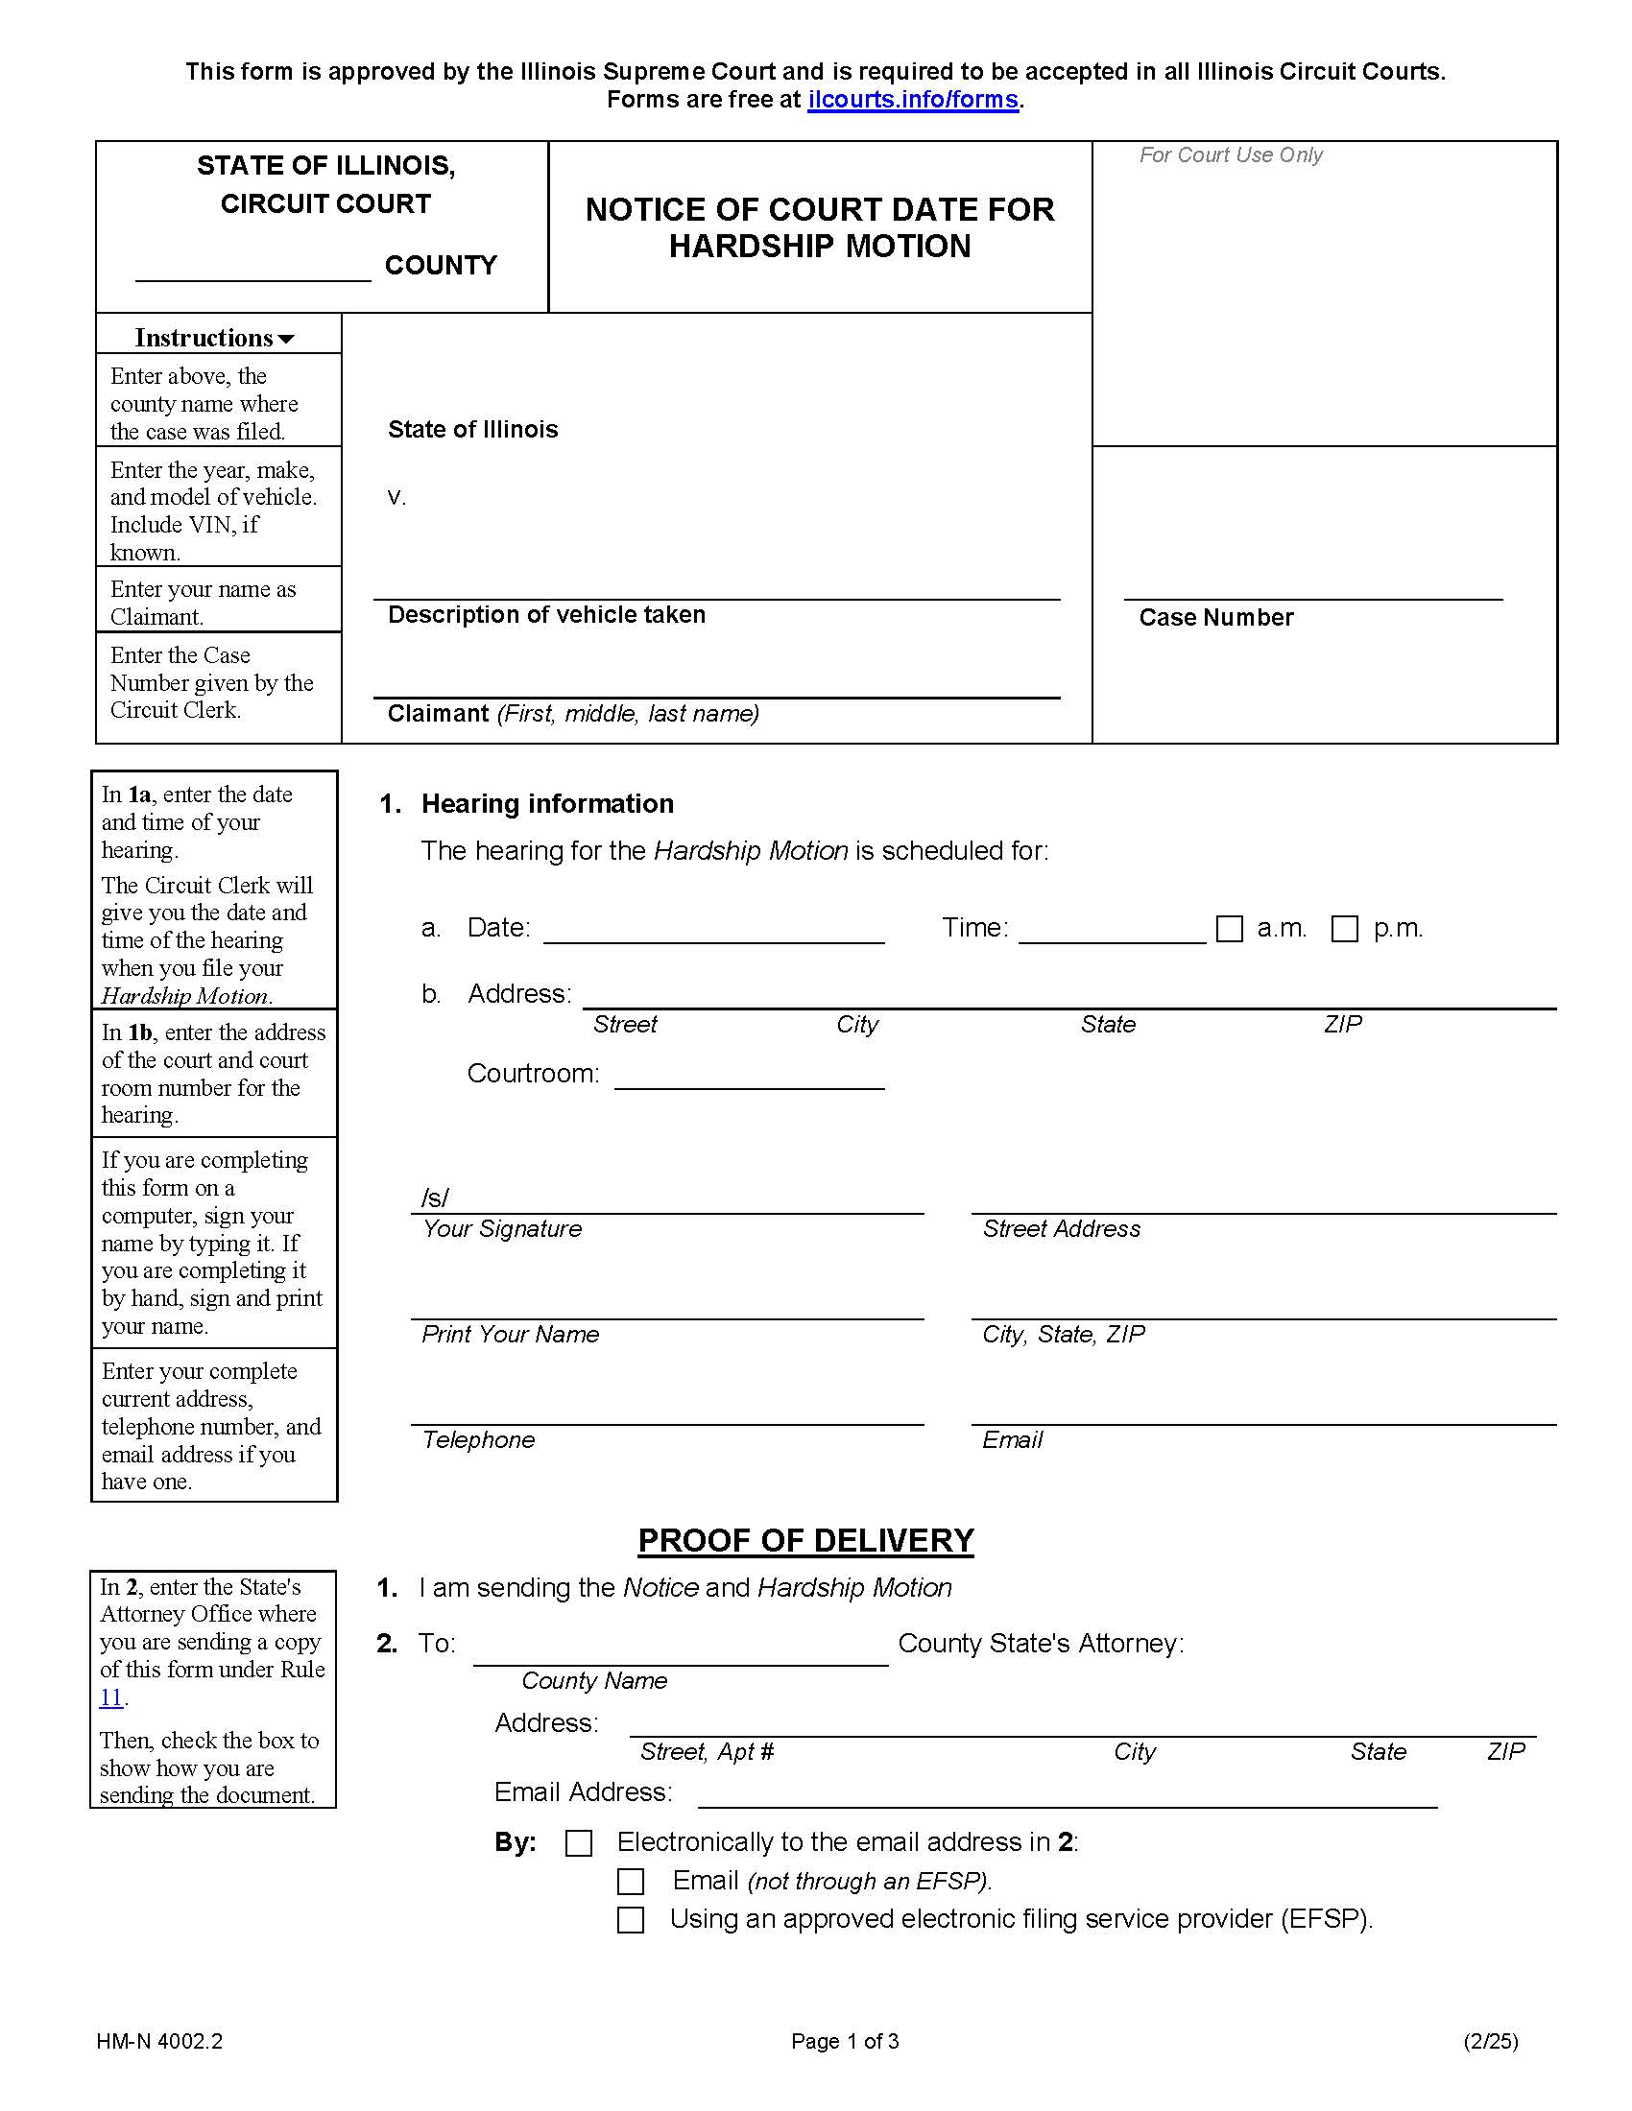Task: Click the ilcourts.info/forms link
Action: coord(913,100)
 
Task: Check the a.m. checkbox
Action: coord(1229,929)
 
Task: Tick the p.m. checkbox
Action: coord(1344,929)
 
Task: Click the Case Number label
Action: coord(1215,618)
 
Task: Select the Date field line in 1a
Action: coord(713,932)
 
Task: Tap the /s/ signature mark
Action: coord(434,1198)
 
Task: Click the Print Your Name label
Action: coord(510,1335)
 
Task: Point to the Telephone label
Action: coord(478,1440)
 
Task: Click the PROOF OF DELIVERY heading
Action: coord(805,1541)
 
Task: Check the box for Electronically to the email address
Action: coord(578,1843)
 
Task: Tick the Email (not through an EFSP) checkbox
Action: coord(631,1882)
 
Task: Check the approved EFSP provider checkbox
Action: coord(631,1920)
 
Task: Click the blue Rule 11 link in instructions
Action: coord(111,1697)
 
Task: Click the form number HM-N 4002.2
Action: coord(159,2041)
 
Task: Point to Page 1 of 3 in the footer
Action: coord(844,2041)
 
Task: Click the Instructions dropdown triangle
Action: coord(285,340)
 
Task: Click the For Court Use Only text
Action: coord(1230,155)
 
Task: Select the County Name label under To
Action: coord(593,1681)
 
